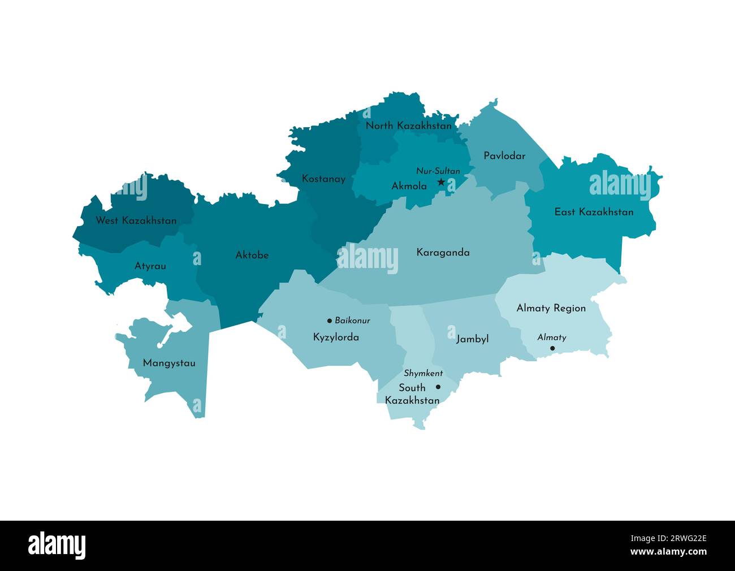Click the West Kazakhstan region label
pyautogui.click(x=136, y=220)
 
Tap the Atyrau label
pyautogui.click(x=150, y=266)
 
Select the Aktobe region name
pyautogui.click(x=252, y=255)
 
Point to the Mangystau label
pyautogui.click(x=169, y=363)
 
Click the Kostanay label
pyautogui.click(x=323, y=179)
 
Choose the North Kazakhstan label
pyautogui.click(x=409, y=126)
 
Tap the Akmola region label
pyautogui.click(x=409, y=185)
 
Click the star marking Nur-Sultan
pyautogui.click(x=441, y=182)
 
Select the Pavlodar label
pyautogui.click(x=504, y=155)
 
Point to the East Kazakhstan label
pyautogui.click(x=594, y=212)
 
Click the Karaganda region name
pyautogui.click(x=443, y=252)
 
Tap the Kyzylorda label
pyautogui.click(x=336, y=338)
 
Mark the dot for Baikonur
pyautogui.click(x=330, y=321)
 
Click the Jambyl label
pyautogui.click(x=472, y=339)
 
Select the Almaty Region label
pyautogui.click(x=551, y=308)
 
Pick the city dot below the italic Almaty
pyautogui.click(x=552, y=348)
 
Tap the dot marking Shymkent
pyautogui.click(x=438, y=387)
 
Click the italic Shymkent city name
pyautogui.click(x=423, y=374)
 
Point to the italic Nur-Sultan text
pyautogui.click(x=438, y=171)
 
